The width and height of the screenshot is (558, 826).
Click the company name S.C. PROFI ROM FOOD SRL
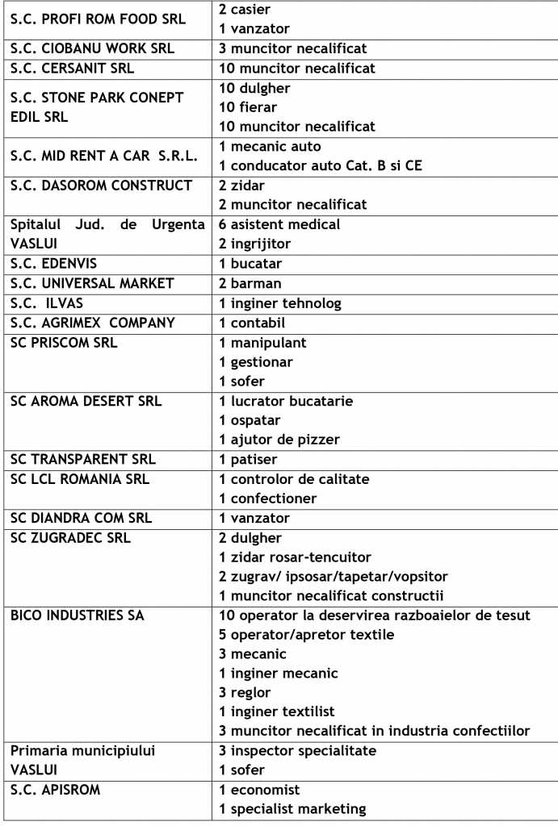tap(98, 19)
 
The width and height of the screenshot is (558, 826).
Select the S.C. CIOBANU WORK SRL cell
tap(92, 48)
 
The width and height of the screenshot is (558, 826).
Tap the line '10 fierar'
tap(248, 107)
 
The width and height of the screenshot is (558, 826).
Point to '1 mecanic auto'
tap(271, 147)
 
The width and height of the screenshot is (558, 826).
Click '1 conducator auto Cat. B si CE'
tap(321, 166)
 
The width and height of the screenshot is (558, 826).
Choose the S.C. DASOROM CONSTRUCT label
tap(101, 186)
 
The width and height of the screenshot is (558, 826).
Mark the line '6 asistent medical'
tap(279, 224)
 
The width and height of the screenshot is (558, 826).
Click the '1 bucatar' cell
tap(250, 264)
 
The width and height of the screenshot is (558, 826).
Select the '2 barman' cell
tap(250, 283)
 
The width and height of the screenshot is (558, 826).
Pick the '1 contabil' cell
tap(252, 323)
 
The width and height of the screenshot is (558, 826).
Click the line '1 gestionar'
tap(256, 362)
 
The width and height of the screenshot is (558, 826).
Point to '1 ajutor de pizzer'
tap(279, 440)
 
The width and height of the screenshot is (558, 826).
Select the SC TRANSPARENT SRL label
tap(82, 460)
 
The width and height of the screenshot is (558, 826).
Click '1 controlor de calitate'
tap(294, 479)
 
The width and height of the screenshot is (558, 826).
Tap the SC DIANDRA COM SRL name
tap(81, 518)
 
